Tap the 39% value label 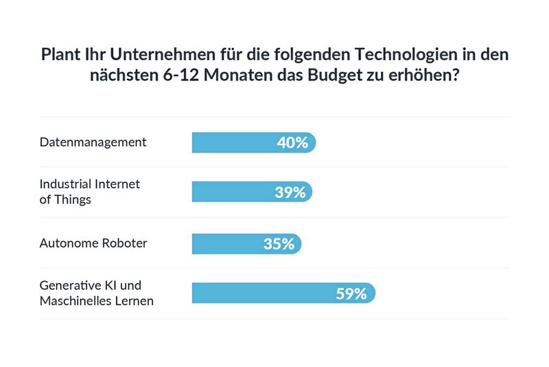click(290, 192)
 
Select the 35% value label click(279, 243)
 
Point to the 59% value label click(351, 293)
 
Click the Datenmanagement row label click(93, 142)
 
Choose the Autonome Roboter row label click(93, 243)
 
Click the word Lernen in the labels click(134, 301)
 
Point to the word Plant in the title click(60, 54)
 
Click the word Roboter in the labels click(123, 243)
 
